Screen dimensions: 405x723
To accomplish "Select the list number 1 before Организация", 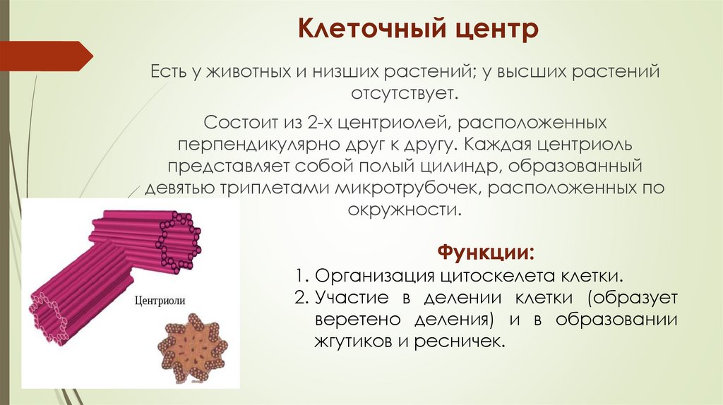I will pos(300,274).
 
